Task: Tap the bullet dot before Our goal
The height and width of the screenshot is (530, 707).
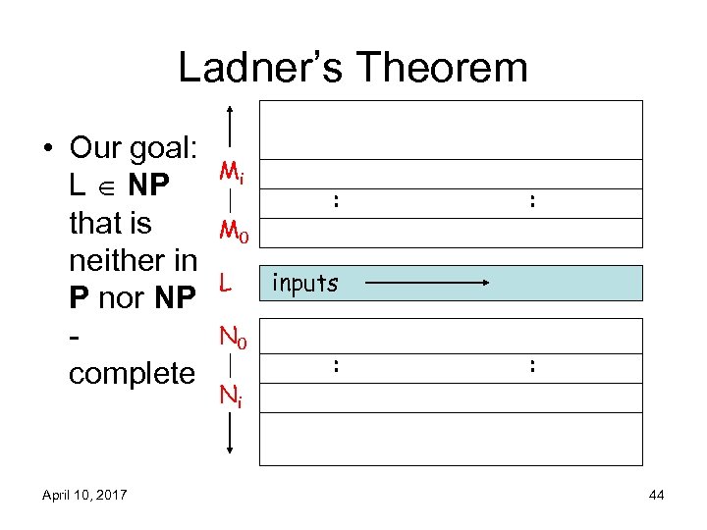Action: [46, 149]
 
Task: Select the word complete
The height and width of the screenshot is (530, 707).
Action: [132, 373]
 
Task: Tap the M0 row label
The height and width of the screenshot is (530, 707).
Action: [233, 233]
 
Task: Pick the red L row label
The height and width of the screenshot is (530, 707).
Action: [226, 285]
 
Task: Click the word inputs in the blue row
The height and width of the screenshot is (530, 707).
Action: [304, 284]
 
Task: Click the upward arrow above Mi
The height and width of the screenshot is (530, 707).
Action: [229, 125]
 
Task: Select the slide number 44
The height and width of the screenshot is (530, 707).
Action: [657, 496]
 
